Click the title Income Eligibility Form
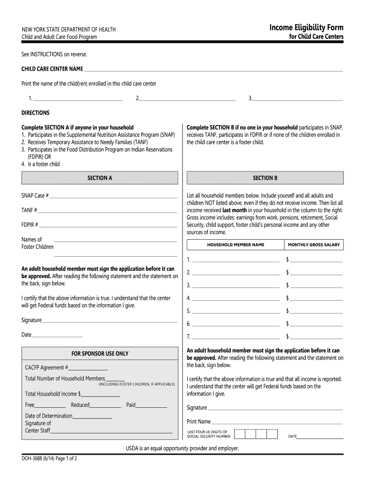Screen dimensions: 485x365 [306, 27]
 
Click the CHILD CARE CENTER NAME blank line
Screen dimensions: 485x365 [213, 71]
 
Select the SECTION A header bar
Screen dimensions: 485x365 [100, 178]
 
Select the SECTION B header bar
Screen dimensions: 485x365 [265, 178]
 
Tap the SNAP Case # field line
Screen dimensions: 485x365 [113, 197]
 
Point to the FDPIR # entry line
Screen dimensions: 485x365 [109, 226]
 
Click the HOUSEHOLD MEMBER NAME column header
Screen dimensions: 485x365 [236, 245]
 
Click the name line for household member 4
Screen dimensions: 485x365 [236, 299]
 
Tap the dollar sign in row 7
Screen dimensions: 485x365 [287, 337]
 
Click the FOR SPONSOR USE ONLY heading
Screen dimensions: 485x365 [100, 354]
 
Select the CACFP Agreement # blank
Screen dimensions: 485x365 [89, 369]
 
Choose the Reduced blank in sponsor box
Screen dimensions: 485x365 [106, 406]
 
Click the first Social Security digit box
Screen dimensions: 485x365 [240, 434]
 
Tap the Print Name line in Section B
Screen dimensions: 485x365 [277, 423]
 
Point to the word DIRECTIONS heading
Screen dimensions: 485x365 [36, 113]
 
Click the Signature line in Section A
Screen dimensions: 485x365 [109, 322]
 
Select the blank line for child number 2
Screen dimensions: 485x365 [188, 100]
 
